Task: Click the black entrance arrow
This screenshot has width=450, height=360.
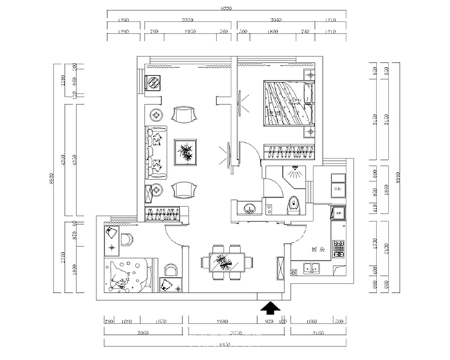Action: pyautogui.click(x=270, y=308)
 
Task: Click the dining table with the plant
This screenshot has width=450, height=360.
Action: pyautogui.click(x=224, y=260)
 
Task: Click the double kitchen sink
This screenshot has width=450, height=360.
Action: pyautogui.click(x=311, y=269)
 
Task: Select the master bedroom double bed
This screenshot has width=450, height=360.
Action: pyautogui.click(x=289, y=104)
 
